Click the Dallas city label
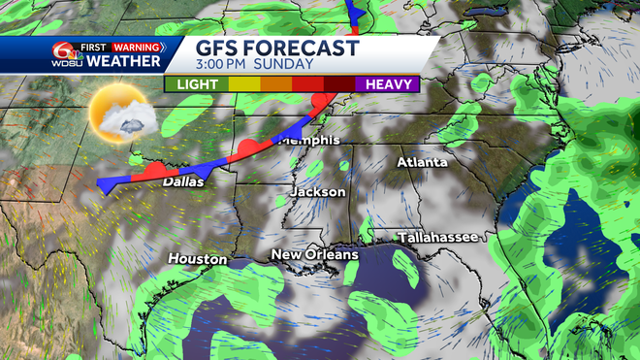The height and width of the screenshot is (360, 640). click(183, 181)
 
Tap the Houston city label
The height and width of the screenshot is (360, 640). click(197, 259)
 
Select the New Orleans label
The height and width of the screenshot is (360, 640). click(313, 255)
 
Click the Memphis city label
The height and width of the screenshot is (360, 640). click(308, 140)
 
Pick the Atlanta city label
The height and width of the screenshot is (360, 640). click(422, 162)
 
